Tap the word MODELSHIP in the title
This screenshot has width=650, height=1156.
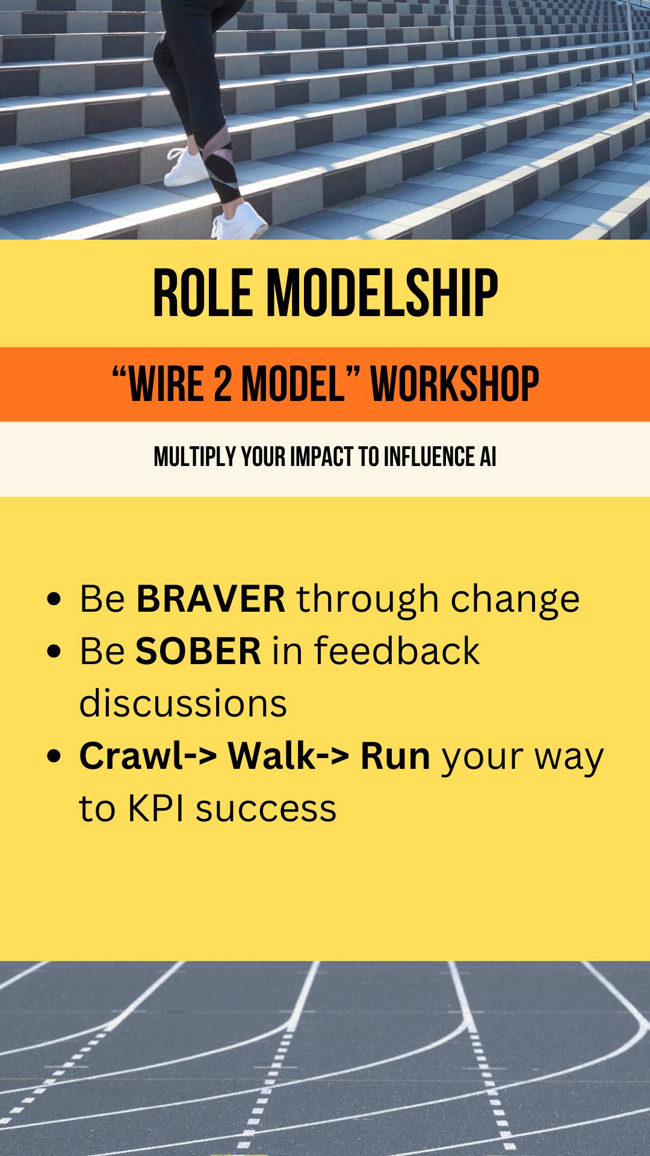[383, 293]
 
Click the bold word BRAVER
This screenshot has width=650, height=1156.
[211, 598]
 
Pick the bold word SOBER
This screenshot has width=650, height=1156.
[198, 651]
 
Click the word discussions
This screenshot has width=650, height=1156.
[183, 703]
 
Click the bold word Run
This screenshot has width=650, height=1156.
[395, 756]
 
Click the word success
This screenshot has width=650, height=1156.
[265, 810]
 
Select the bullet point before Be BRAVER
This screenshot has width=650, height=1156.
[54, 600]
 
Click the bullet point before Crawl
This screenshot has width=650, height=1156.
[54, 757]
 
